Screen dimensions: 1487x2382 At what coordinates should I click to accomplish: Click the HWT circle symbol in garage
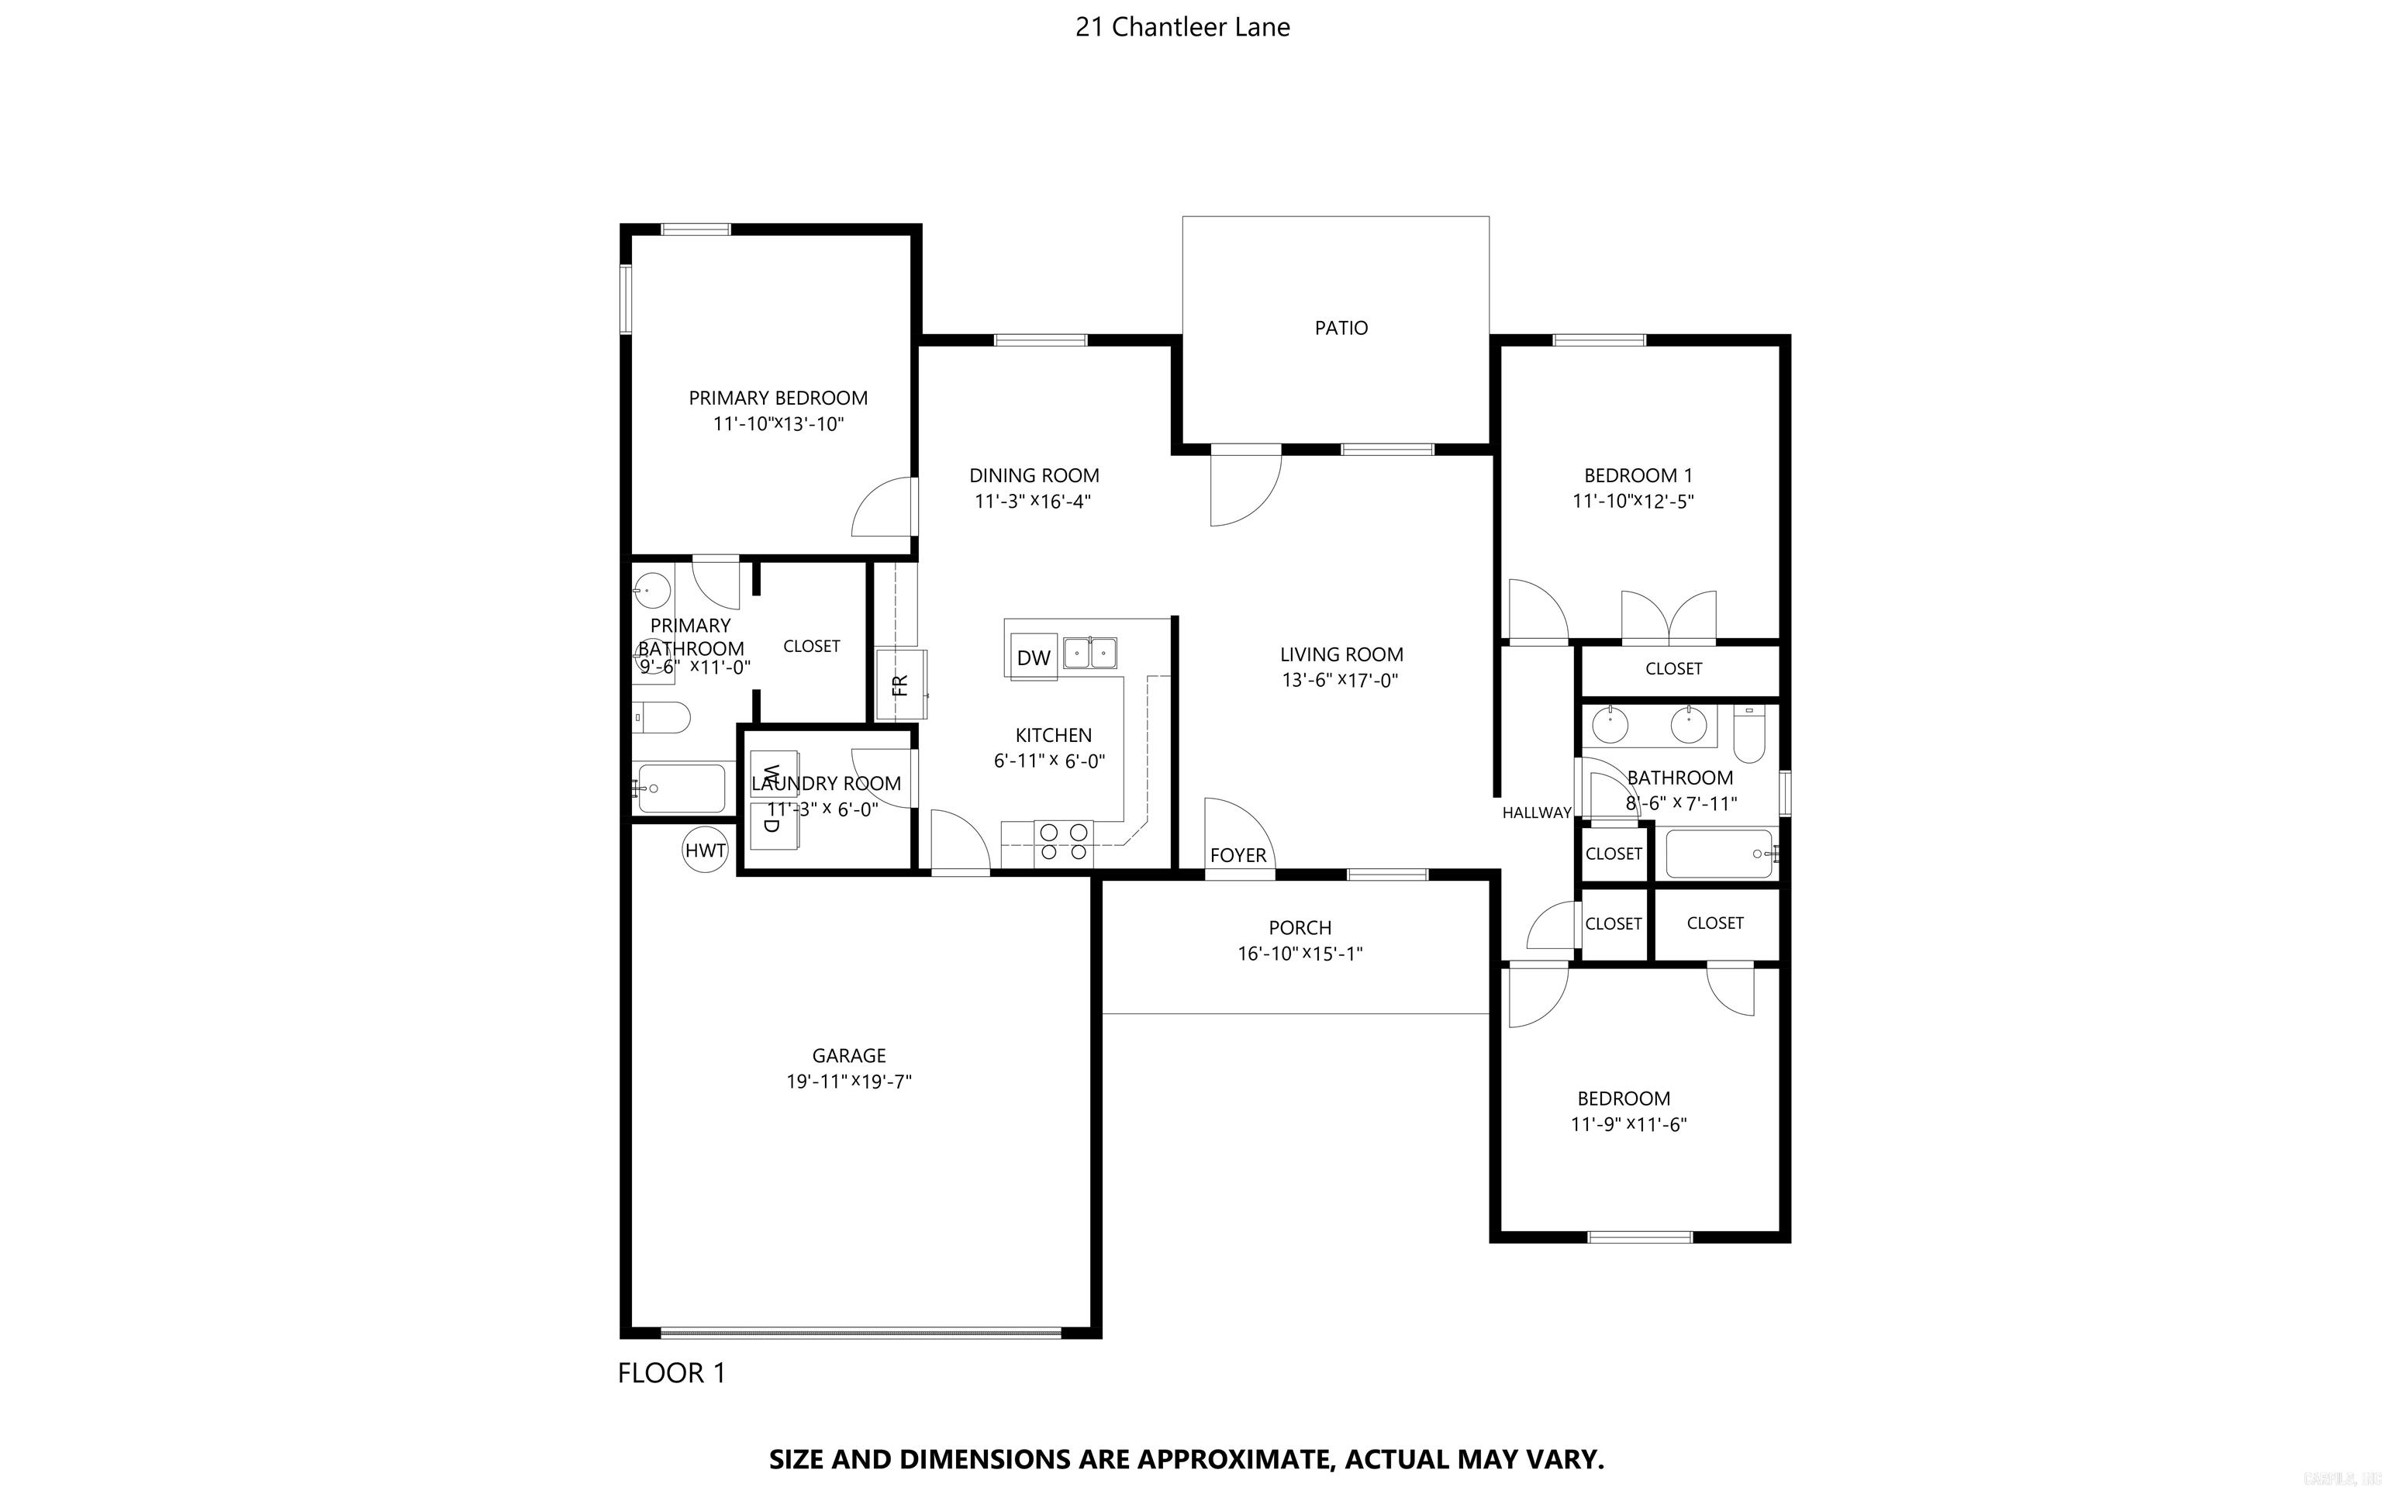pos(705,850)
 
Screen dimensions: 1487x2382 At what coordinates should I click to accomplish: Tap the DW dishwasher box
pos(1033,657)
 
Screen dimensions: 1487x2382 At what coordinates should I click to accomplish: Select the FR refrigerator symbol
pos(900,685)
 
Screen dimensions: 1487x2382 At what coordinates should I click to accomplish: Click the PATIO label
pos(1341,327)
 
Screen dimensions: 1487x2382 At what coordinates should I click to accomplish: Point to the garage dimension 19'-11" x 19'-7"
pos(849,1082)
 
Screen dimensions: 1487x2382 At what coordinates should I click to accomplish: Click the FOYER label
pos(1238,854)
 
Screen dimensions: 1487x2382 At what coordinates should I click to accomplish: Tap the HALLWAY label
pos(1535,813)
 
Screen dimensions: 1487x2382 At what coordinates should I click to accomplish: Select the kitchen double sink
pos(1089,653)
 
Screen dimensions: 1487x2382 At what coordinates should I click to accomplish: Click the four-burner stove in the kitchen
pos(1063,842)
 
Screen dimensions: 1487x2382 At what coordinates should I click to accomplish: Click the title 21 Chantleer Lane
pos(1182,28)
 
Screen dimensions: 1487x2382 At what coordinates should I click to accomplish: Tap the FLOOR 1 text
pos(671,1373)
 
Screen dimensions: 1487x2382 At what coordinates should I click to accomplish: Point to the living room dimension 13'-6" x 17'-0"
pos(1340,681)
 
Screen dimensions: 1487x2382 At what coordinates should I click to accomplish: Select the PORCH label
pos(1300,927)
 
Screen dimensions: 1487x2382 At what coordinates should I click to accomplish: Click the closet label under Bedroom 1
pos(1673,669)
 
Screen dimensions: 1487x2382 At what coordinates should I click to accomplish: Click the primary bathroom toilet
pos(660,718)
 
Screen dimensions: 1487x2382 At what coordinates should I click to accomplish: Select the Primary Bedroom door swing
pos(882,508)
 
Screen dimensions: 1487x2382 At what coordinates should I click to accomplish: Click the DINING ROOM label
pos(1034,475)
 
